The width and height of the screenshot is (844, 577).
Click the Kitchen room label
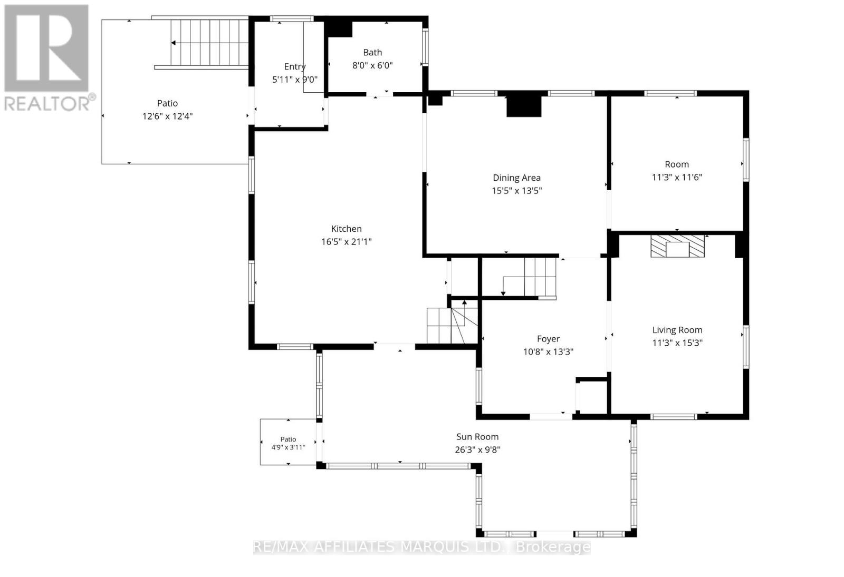click(x=346, y=229)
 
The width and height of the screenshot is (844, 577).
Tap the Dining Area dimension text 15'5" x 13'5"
click(x=516, y=190)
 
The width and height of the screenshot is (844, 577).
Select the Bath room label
click(x=372, y=52)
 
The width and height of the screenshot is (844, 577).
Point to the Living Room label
click(x=677, y=330)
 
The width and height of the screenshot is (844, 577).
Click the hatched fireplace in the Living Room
click(x=677, y=246)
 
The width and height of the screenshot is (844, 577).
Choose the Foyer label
click(x=548, y=339)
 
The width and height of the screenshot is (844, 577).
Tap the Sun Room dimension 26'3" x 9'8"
click(x=477, y=449)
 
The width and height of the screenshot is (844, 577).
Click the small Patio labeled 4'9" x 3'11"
click(x=288, y=442)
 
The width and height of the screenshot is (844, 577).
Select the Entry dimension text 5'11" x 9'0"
click(x=295, y=80)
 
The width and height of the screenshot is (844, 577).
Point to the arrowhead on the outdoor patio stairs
click(x=174, y=43)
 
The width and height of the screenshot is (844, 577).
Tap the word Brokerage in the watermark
click(x=553, y=547)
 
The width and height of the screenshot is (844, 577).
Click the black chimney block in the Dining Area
click(x=524, y=106)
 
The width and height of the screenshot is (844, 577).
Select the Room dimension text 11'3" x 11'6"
click(x=677, y=177)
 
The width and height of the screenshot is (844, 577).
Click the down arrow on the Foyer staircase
click(x=503, y=293)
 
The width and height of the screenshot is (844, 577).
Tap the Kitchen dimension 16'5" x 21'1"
click(x=346, y=241)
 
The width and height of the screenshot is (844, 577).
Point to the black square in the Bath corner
click(x=338, y=28)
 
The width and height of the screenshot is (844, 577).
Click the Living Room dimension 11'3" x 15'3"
click(x=677, y=343)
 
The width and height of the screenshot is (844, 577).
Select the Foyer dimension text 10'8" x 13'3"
click(x=548, y=352)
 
